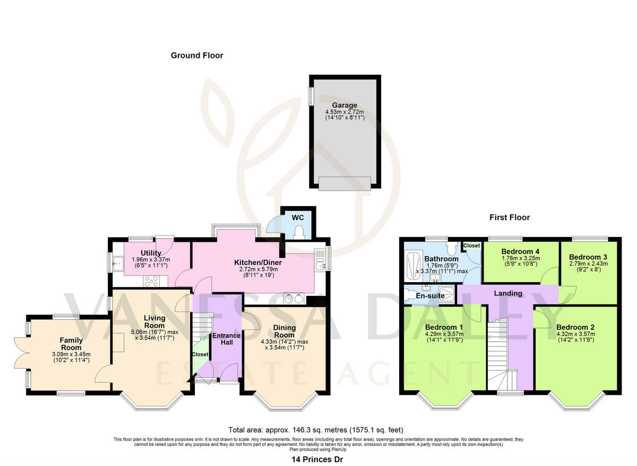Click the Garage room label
[x=345, y=105]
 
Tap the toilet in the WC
[x=298, y=232]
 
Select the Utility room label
[x=151, y=253]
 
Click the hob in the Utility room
[x=151, y=281]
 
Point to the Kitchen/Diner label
[x=257, y=262]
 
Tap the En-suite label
[x=430, y=296]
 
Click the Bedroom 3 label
[x=588, y=257]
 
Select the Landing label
[x=508, y=293]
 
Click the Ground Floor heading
[x=197, y=55]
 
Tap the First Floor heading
[x=510, y=217]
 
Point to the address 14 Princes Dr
[x=317, y=459]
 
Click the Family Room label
[x=71, y=344]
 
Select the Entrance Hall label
[x=226, y=339]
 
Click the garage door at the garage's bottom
[x=345, y=183]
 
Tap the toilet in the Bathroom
[x=451, y=249]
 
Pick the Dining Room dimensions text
[x=285, y=344]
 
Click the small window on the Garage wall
[x=311, y=96]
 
